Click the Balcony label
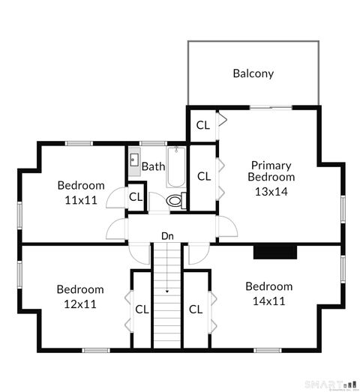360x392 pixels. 253,73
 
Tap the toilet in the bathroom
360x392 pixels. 176,200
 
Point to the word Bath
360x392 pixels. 153,166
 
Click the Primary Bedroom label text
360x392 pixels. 271,171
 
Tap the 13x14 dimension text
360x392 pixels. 271,191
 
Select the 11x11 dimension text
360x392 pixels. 80,200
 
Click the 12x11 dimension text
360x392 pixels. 80,304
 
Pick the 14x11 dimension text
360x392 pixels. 268,301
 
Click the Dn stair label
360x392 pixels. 168,236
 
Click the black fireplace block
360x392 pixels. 275,253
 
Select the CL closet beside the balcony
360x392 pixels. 202,125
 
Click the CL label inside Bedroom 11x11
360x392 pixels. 136,197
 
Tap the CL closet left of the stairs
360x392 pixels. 142,309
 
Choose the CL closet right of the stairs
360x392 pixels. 195,309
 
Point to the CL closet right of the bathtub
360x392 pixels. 203,176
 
